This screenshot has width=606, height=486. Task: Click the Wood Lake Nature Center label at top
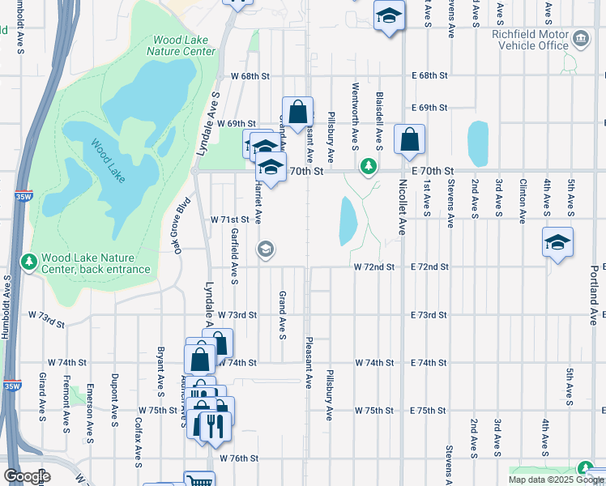(181, 45)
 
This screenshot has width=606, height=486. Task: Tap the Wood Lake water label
(107, 161)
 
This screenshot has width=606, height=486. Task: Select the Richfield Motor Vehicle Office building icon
(581, 39)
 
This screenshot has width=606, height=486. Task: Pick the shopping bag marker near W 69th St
(297, 112)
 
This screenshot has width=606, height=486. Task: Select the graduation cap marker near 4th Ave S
(557, 242)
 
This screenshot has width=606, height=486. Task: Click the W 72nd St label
(373, 266)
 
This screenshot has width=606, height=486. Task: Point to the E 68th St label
(429, 75)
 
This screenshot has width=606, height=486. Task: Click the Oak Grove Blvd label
(181, 226)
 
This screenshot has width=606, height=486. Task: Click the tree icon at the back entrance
(29, 261)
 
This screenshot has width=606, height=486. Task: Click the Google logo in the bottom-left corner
(27, 476)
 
